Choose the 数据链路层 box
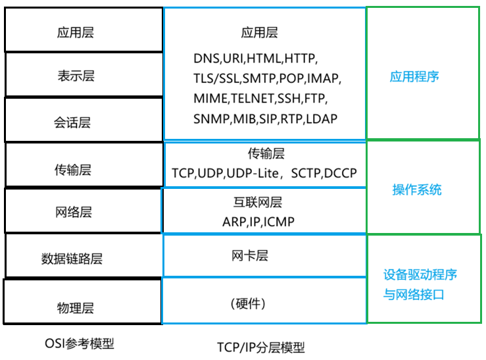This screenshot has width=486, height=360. pyautogui.click(x=82, y=257)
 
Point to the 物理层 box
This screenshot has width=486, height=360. pyautogui.click(x=82, y=307)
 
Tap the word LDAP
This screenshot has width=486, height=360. pyautogui.click(x=320, y=119)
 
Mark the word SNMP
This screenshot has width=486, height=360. pyautogui.click(x=211, y=119)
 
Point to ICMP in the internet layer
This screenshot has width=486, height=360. pyautogui.click(x=279, y=222)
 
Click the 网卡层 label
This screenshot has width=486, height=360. pyautogui.click(x=250, y=255)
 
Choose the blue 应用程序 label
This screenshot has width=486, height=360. pyautogui.click(x=414, y=76)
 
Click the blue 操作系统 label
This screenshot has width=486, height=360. pyautogui.click(x=417, y=190)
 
